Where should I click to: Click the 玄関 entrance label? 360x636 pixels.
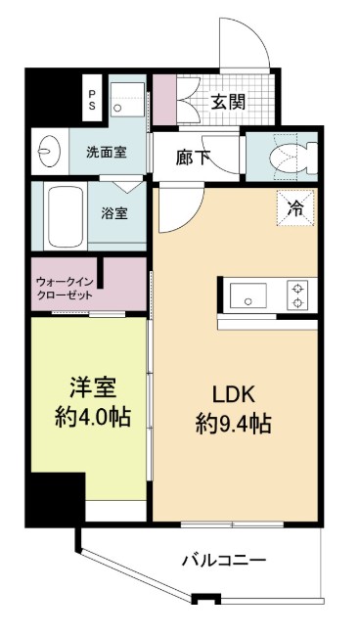(226, 102)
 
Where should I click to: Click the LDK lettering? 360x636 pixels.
(234, 394)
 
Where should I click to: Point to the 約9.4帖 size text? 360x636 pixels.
(234, 426)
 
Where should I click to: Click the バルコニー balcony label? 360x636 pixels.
(224, 561)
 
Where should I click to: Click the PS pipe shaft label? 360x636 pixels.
(92, 97)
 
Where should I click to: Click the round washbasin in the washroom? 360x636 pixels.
(46, 153)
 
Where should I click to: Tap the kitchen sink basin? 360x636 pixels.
(247, 292)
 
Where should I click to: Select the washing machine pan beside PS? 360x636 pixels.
(128, 98)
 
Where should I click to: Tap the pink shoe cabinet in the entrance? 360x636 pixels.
(164, 97)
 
